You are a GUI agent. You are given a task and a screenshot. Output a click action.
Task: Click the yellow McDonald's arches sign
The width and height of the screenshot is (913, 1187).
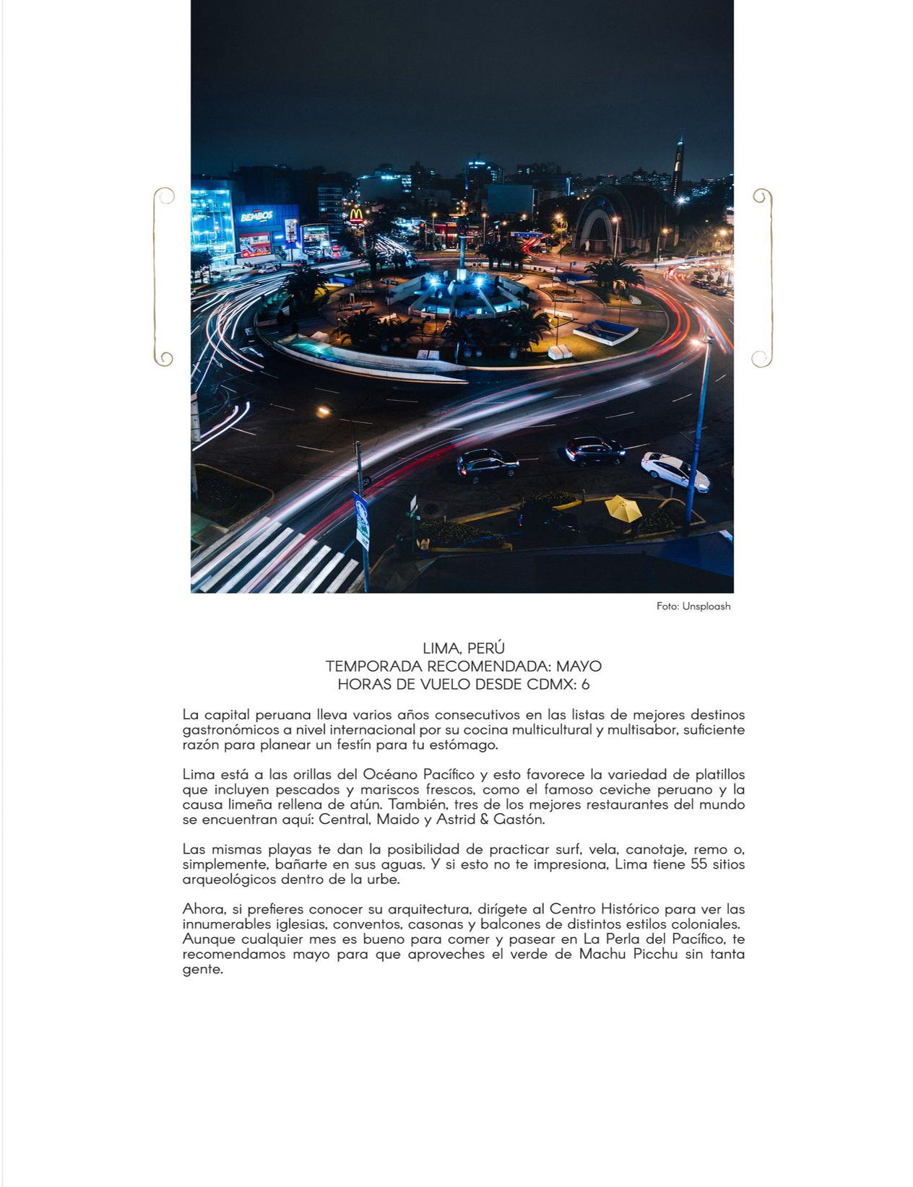point(355,215)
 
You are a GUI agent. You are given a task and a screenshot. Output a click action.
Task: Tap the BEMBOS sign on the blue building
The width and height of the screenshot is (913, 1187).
point(256,216)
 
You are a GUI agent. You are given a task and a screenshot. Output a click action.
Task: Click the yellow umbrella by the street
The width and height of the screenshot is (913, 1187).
point(623,508)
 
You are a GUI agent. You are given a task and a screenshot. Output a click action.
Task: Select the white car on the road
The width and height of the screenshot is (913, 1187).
point(674,470)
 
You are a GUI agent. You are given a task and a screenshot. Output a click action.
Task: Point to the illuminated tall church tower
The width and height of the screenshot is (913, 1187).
point(677,166)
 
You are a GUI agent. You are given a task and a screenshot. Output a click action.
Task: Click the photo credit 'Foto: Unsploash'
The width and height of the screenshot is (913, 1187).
point(693,606)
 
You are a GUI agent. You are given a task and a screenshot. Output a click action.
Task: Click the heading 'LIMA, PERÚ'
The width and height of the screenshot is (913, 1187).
point(463,648)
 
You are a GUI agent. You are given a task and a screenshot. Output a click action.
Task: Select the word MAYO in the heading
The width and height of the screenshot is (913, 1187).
point(579,666)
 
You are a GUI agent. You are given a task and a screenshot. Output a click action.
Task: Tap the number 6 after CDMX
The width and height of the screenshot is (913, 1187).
point(585,684)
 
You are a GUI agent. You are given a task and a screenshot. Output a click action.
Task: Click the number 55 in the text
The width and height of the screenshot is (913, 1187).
point(698,864)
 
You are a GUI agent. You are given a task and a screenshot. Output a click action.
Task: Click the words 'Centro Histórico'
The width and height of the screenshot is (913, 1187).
point(594,908)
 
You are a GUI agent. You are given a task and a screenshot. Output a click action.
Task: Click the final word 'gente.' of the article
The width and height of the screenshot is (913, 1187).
point(202,970)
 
